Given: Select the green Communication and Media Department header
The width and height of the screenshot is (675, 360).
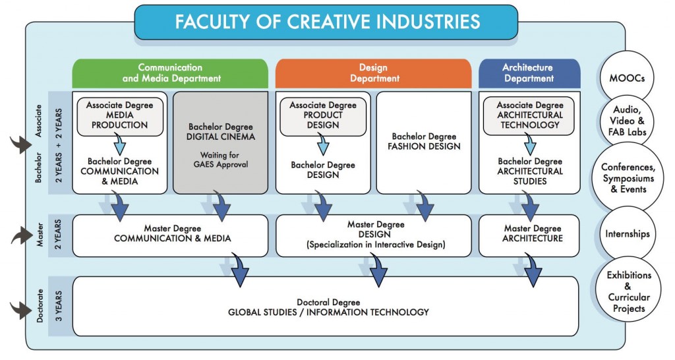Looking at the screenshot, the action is (x=170, y=73).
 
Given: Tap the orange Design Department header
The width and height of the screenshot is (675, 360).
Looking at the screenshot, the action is (x=373, y=73).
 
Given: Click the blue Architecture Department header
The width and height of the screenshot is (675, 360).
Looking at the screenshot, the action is (x=529, y=73).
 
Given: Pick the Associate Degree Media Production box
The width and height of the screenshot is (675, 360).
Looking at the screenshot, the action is (x=120, y=115).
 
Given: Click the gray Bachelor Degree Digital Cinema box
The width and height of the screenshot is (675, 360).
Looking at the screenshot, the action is (x=220, y=142).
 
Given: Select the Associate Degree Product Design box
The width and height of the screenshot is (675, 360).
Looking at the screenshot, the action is (x=323, y=115).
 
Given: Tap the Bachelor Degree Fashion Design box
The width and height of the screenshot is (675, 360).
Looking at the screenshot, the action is (x=424, y=142).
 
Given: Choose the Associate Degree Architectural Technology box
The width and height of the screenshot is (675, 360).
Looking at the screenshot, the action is (x=529, y=115).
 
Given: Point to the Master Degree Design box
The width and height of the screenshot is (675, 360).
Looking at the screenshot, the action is (x=374, y=235).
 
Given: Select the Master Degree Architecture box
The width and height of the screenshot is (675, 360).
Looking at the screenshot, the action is (x=529, y=235).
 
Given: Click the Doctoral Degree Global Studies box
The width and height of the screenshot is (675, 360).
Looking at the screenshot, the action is (x=326, y=306).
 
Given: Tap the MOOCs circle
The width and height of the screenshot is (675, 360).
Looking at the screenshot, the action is (x=626, y=78).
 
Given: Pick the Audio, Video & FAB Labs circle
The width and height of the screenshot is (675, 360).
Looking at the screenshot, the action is (x=627, y=121).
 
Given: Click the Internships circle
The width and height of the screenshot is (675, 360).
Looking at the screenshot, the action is (x=628, y=234).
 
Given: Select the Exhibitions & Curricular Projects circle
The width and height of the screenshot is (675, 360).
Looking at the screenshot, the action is (x=628, y=291).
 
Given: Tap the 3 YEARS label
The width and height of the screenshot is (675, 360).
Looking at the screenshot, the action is (x=59, y=306).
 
